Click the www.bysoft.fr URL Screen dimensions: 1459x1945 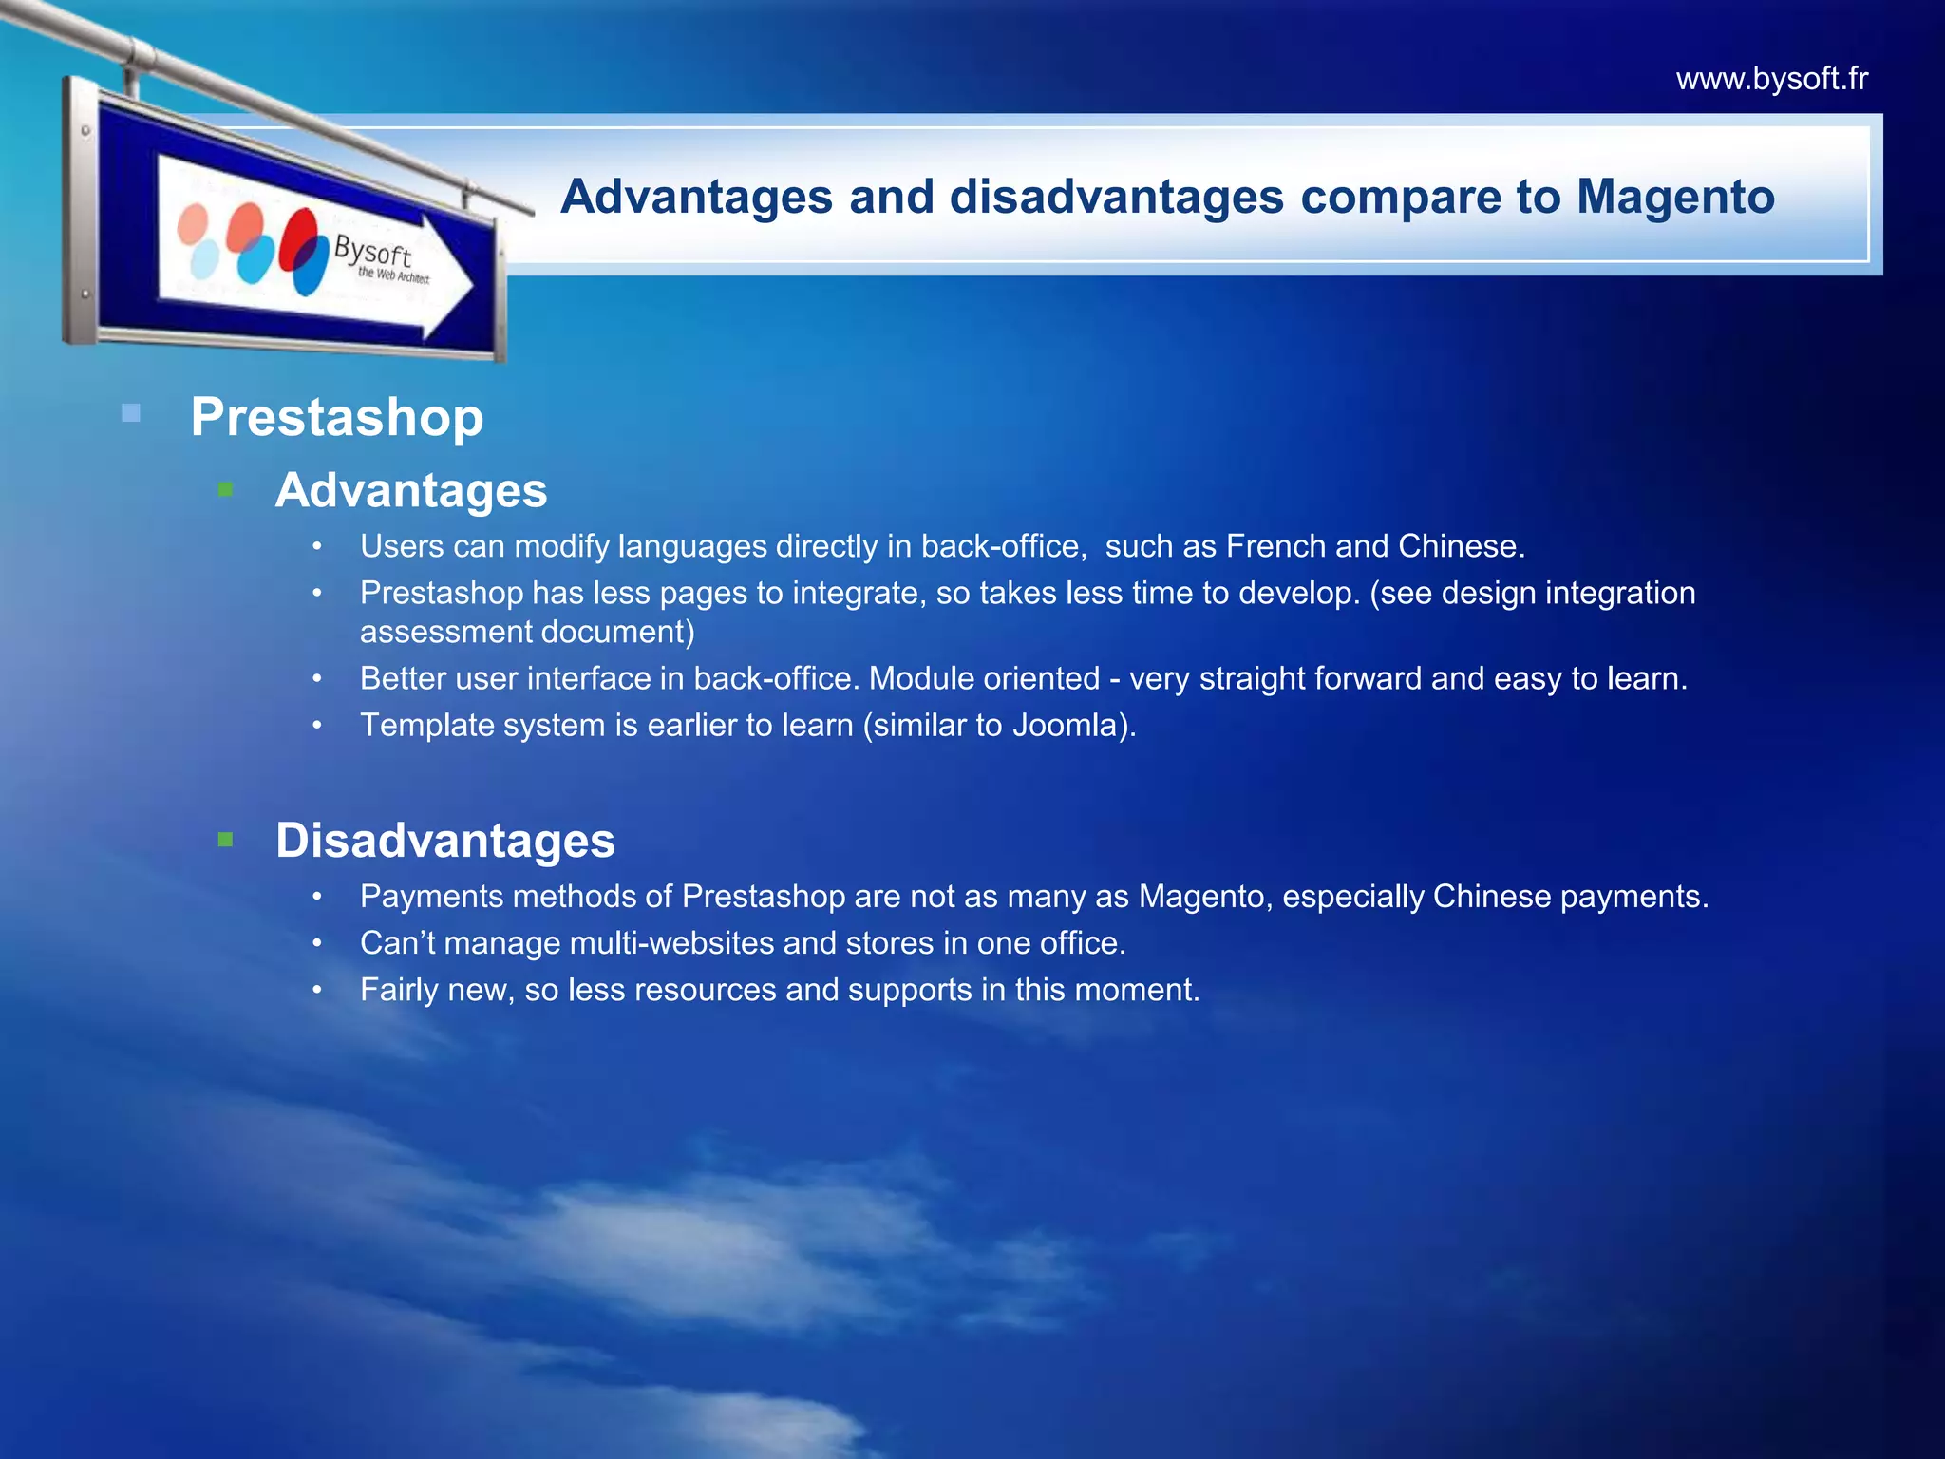tap(1771, 78)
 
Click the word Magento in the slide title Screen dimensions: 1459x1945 tap(1675, 197)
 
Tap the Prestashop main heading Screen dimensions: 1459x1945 tap(337, 417)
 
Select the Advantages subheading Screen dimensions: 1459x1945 tap(411, 490)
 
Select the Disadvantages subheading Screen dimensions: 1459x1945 tap(445, 841)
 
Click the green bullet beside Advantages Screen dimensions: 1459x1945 tap(225, 490)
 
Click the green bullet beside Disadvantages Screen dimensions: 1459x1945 tap(225, 840)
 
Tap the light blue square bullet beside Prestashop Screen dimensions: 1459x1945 tap(131, 413)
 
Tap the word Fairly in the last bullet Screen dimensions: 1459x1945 tap(399, 990)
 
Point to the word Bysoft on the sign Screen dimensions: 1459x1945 tap(372, 252)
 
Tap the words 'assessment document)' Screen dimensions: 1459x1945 tap(527, 632)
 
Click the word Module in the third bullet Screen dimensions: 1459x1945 tap(916, 678)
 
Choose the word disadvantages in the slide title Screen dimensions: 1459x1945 tap(1116, 197)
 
